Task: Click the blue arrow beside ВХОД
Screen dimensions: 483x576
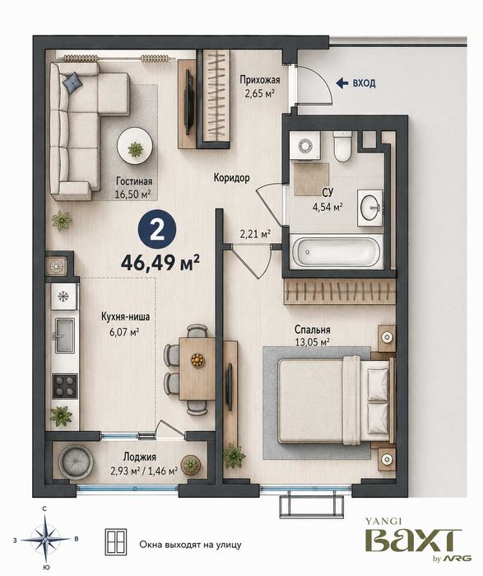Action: click(341, 83)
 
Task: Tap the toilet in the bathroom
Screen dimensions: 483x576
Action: click(342, 146)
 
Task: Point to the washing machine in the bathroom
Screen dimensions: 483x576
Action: click(304, 146)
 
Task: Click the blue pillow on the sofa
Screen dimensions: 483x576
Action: click(73, 82)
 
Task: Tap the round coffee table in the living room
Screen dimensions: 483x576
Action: click(135, 146)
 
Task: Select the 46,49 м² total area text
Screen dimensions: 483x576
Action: click(160, 262)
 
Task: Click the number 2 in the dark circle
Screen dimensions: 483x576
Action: click(157, 231)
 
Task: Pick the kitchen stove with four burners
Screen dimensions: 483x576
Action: click(65, 386)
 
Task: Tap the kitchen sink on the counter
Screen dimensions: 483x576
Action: click(64, 335)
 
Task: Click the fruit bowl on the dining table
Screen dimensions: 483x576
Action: click(197, 359)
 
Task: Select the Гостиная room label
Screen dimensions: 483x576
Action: click(134, 181)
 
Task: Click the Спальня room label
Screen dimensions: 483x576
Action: click(312, 330)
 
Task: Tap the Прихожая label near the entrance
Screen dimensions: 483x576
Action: click(260, 80)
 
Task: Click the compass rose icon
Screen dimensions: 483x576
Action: click(45, 539)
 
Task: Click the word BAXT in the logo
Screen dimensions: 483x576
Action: click(413, 540)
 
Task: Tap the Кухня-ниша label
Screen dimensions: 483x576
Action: click(125, 316)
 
